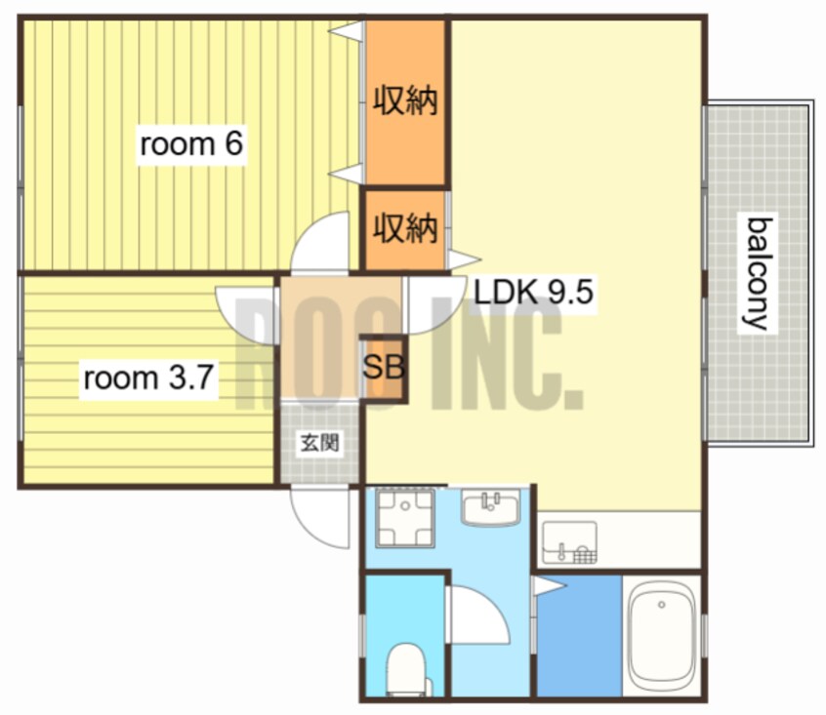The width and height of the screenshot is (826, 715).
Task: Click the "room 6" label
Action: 191,143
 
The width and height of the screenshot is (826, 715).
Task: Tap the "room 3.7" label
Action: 148,377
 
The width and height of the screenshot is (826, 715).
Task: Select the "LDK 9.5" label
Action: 533,292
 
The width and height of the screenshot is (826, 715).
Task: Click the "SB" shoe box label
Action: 384,367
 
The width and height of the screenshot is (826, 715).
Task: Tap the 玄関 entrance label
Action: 320,443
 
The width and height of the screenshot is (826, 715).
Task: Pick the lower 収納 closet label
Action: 405,228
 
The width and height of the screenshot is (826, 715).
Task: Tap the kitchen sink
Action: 569,542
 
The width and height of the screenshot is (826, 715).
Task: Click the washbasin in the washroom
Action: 490,506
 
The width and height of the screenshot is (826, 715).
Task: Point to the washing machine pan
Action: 405,517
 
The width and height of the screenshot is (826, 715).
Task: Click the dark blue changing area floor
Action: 579,636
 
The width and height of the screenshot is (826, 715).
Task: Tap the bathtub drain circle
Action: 662,605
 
